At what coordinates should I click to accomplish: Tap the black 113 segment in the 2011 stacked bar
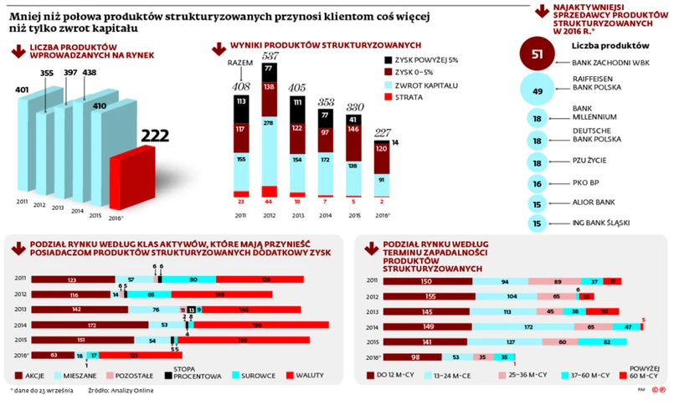241,102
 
